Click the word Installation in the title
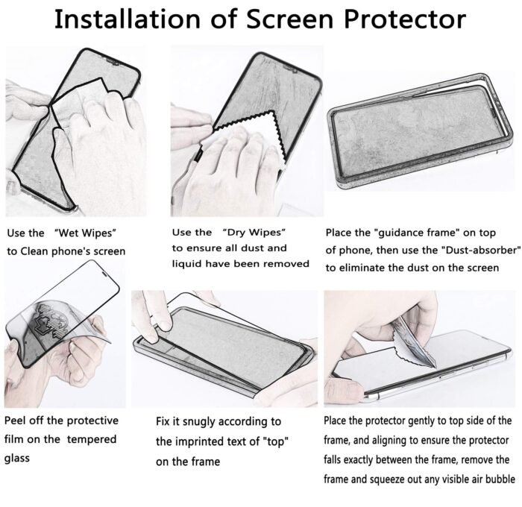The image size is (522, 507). [x=128, y=19]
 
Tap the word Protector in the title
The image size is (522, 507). [x=405, y=19]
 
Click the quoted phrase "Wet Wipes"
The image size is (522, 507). [x=85, y=233]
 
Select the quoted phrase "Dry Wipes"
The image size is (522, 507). [x=254, y=232]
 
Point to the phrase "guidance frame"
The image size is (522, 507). [x=414, y=233]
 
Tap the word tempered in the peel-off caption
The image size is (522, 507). [x=92, y=439]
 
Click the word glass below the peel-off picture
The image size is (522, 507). [x=17, y=459]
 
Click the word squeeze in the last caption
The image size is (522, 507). [x=386, y=479]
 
